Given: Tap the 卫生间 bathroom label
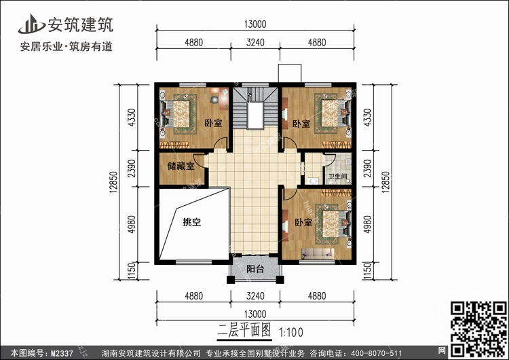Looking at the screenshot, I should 337,177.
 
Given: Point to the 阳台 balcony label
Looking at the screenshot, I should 254,268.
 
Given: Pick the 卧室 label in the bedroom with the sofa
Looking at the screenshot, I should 303,223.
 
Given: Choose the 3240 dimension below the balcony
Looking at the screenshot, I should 254,296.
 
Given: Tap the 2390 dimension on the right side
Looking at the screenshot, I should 369,168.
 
